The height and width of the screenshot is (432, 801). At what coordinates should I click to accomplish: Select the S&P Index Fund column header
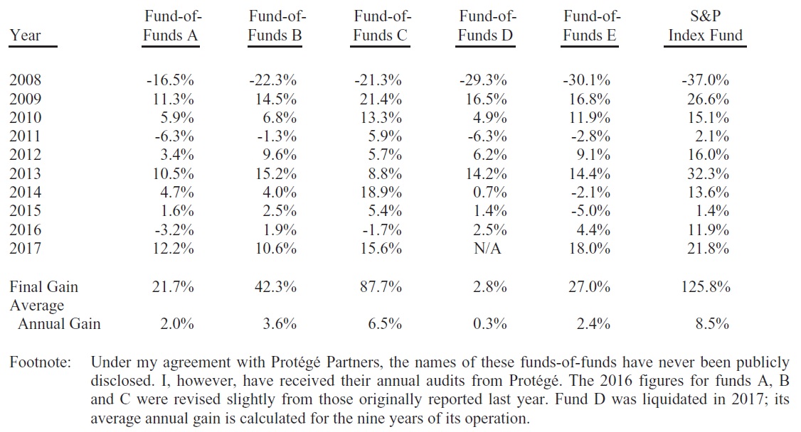point(705,26)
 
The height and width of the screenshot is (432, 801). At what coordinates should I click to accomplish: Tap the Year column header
point(26,36)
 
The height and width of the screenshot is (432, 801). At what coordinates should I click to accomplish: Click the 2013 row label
point(26,174)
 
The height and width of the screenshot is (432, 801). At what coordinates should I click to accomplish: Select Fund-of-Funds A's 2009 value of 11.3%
point(170,99)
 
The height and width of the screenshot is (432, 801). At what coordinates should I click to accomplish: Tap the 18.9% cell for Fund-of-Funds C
point(382,193)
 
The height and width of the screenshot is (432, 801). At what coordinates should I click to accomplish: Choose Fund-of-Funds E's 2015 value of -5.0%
point(591,211)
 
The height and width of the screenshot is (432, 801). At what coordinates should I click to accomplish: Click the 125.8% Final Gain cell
point(705,287)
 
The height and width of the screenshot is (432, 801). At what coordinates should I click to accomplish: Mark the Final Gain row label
point(44,287)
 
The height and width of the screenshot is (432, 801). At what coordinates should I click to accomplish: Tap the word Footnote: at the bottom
point(41,363)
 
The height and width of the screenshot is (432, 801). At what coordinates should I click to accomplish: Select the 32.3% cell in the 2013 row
point(708,174)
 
